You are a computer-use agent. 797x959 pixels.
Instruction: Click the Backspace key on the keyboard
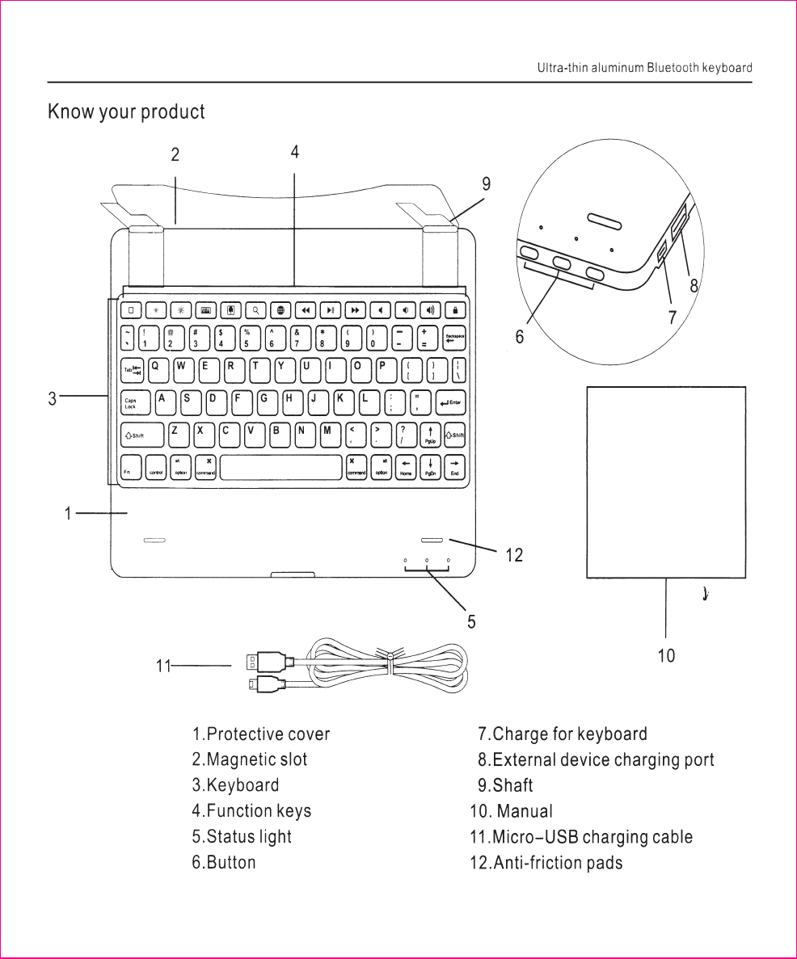tap(454, 337)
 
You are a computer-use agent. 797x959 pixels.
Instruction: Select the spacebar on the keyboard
tap(280, 467)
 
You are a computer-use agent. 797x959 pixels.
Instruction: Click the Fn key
tap(129, 467)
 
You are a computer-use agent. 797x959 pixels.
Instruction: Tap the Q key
tap(157, 368)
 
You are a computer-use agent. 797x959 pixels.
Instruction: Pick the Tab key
tap(132, 369)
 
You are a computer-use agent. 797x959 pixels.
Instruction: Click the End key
tap(455, 467)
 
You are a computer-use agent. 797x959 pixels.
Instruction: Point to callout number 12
tap(514, 555)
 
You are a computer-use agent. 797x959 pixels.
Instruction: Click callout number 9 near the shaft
tap(486, 184)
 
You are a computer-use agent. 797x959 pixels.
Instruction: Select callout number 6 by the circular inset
tap(520, 337)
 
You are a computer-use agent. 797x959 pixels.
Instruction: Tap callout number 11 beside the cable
tap(163, 667)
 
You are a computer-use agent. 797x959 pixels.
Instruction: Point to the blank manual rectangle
tap(665, 482)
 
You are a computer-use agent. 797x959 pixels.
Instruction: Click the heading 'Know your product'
tap(126, 111)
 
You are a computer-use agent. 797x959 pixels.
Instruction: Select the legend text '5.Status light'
tap(242, 836)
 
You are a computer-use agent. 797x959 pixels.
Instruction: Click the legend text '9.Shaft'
tap(505, 784)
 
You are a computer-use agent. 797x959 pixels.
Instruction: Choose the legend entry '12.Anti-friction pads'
tap(546, 862)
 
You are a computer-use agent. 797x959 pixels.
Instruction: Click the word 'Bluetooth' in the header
tap(672, 68)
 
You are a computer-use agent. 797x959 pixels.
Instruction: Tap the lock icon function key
tap(455, 309)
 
